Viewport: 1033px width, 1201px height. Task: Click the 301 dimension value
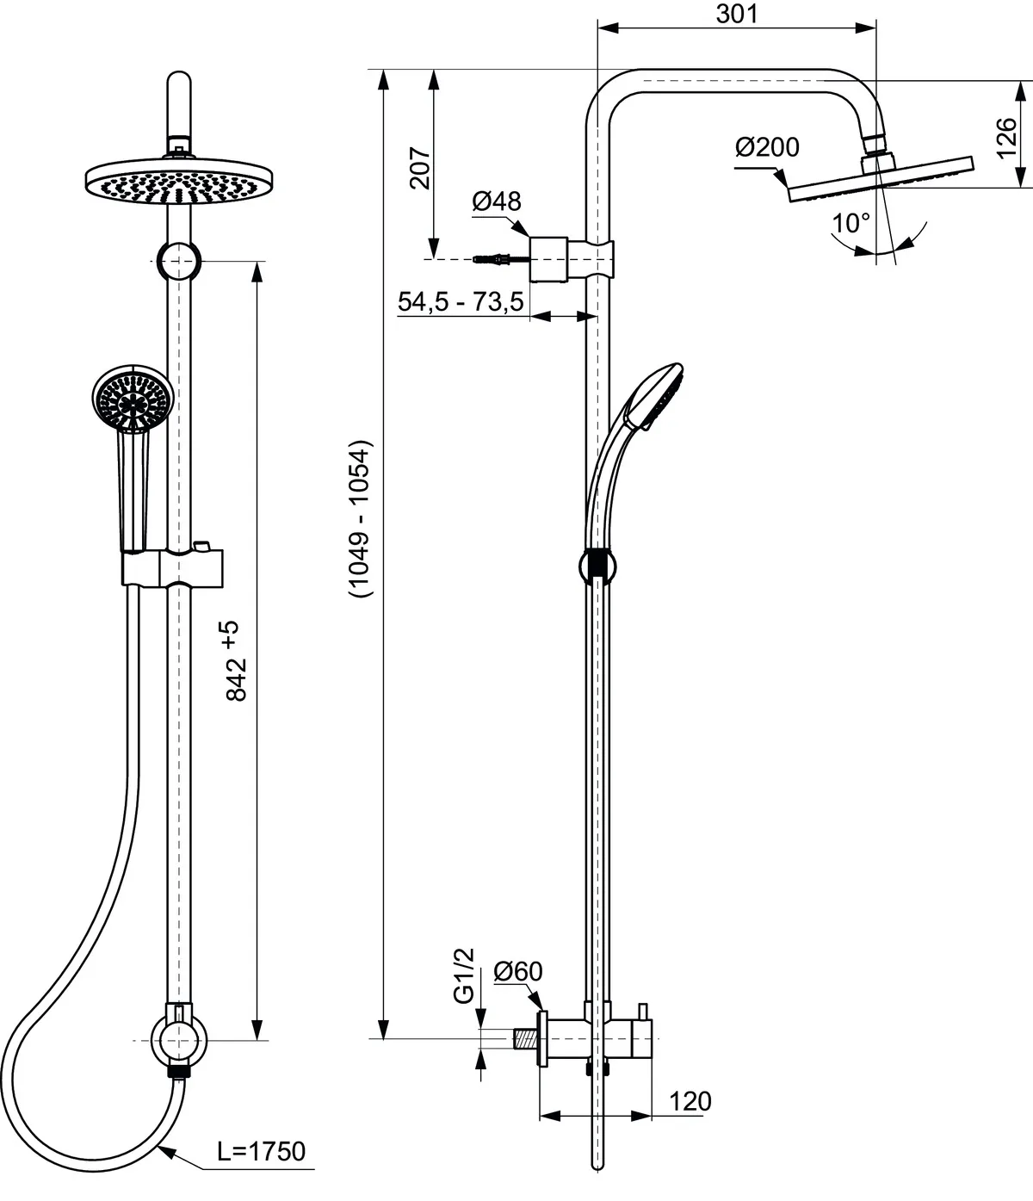pyautogui.click(x=736, y=14)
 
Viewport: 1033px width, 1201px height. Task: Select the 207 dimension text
pyautogui.click(x=419, y=167)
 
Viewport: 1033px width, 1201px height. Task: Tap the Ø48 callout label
pyautogui.click(x=497, y=201)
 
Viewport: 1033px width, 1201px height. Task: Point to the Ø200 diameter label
pyautogui.click(x=767, y=147)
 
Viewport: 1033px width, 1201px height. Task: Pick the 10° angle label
pyautogui.click(x=851, y=224)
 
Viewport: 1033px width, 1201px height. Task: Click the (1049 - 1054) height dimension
pyautogui.click(x=360, y=520)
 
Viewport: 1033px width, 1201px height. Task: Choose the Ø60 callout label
pyautogui.click(x=518, y=971)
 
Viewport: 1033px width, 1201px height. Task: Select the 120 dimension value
pyautogui.click(x=690, y=1101)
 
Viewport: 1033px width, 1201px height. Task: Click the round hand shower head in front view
pyautogui.click(x=133, y=397)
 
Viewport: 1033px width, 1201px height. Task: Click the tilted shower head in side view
pyautogui.click(x=880, y=178)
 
